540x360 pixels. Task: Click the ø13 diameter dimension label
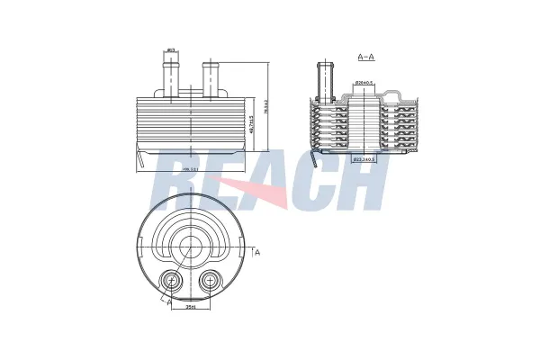171,50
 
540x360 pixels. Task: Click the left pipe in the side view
170,76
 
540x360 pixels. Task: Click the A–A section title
365,57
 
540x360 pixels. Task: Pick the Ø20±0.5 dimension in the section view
364,84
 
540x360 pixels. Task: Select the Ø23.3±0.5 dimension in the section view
364,159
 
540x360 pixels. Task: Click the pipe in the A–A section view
326,76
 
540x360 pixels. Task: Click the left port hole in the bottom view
169,282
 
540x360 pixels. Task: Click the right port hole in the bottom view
210,282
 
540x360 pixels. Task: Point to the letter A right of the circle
257,253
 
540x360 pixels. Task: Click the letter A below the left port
168,303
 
